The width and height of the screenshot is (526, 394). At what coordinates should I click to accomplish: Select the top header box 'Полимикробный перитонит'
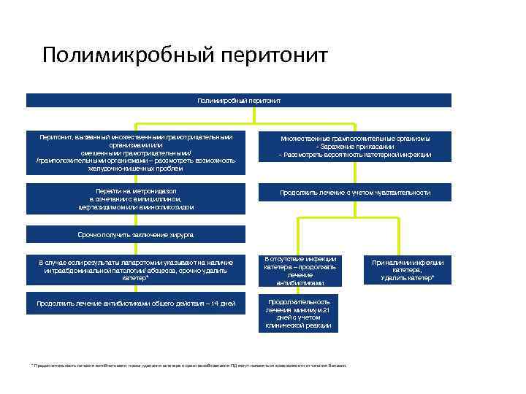[239, 100]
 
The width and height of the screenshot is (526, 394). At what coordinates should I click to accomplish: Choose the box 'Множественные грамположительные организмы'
[355, 147]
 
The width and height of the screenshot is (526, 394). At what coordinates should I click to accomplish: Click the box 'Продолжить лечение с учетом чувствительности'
[355, 193]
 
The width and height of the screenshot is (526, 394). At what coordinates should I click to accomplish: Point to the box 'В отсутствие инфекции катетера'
[300, 271]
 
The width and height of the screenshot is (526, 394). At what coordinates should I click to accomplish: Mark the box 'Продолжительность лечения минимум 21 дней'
[300, 314]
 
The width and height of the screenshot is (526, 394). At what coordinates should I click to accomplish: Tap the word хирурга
[179, 235]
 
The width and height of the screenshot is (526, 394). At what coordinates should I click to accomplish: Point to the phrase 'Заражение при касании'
[355, 147]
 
